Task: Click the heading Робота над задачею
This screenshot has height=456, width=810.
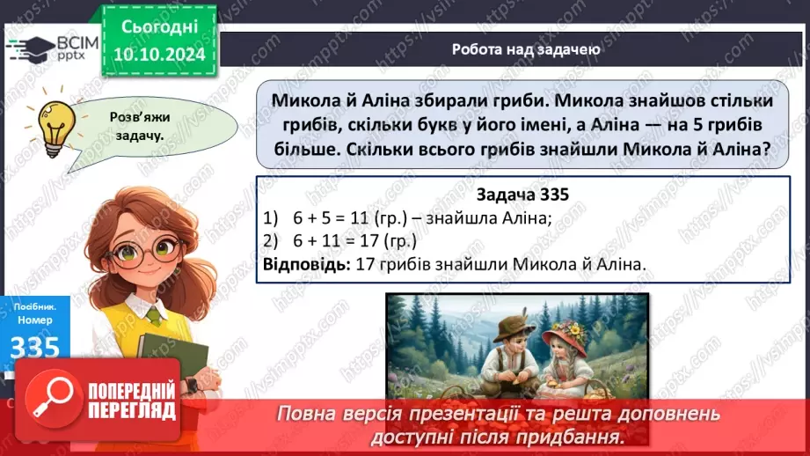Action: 525,49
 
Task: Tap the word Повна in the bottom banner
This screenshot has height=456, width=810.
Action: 308,413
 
